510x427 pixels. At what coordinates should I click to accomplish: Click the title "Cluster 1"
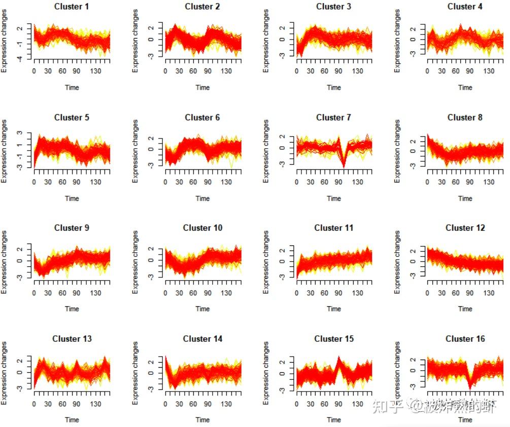coord(72,7)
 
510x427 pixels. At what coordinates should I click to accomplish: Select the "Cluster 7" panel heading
coord(333,117)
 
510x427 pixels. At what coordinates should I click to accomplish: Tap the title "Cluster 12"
coord(465,228)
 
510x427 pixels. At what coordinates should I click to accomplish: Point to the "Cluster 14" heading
coord(202,339)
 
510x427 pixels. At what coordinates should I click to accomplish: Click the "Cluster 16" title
coord(465,339)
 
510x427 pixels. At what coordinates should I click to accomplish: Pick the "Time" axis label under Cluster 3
coord(334,87)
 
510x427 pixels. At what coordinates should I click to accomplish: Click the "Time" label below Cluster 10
coord(202,308)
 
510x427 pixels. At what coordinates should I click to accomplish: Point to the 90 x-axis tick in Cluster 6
coord(207,183)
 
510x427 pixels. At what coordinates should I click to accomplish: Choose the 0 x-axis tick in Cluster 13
coord(34,404)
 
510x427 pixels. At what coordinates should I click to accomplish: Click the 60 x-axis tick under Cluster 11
coord(325,293)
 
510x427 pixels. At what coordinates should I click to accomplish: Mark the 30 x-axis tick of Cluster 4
coord(442,72)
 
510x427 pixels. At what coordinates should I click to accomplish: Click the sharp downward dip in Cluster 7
coord(344,163)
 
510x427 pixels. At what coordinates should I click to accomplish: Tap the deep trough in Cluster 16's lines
coord(470,386)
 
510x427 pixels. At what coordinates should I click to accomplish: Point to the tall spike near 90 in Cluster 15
coord(338,359)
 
